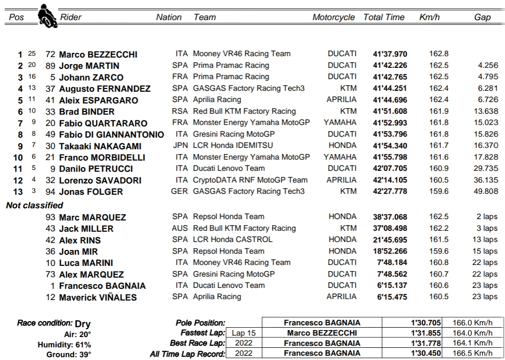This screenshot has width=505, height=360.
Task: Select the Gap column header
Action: [482, 17]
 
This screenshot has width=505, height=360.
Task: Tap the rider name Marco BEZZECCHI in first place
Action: [98, 54]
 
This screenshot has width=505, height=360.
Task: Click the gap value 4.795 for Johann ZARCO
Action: [486, 77]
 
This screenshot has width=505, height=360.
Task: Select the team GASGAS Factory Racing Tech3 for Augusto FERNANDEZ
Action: [249, 88]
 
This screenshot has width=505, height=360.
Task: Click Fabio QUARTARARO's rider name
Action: [103, 123]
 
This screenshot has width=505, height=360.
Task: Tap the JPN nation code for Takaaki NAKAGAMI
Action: [180, 145]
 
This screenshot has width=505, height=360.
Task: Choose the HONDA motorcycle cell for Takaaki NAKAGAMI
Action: [342, 145]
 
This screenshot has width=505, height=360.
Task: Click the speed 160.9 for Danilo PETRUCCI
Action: [439, 168]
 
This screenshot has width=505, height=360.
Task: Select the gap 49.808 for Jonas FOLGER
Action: [484, 191]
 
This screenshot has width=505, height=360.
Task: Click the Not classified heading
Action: [35, 205]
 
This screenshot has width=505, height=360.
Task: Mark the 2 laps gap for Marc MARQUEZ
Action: [487, 217]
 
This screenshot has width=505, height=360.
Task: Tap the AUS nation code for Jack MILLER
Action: [180, 228]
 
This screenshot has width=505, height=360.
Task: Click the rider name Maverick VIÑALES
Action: [98, 297]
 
